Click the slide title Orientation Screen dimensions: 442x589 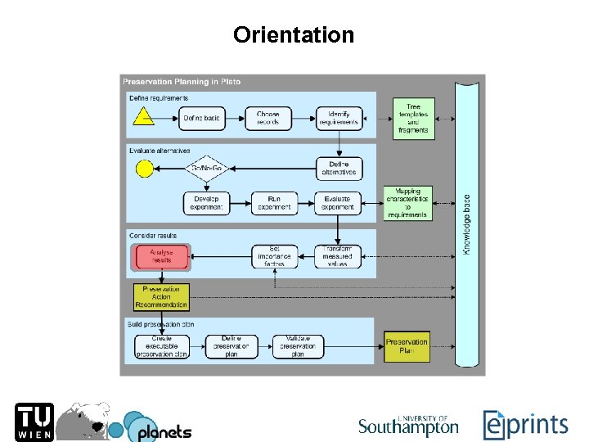coord(294,35)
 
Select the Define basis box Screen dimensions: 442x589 coord(201,118)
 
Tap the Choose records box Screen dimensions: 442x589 coord(268,118)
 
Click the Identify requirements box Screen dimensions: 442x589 coord(339,118)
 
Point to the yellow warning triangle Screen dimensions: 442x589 coord(144,115)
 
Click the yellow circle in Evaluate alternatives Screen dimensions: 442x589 coord(144,169)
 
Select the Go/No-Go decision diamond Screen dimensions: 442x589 coord(207,169)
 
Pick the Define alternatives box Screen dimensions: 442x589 coord(339,169)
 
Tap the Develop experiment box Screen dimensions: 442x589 coord(206,203)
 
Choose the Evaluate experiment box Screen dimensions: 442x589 coord(339,203)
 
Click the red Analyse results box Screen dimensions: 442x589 coord(161,257)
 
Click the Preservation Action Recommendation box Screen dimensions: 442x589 coord(161,297)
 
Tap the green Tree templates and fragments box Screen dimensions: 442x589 coord(413,118)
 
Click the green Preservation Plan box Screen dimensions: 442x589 coord(407,346)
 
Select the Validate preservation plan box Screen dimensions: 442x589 coord(298,346)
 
